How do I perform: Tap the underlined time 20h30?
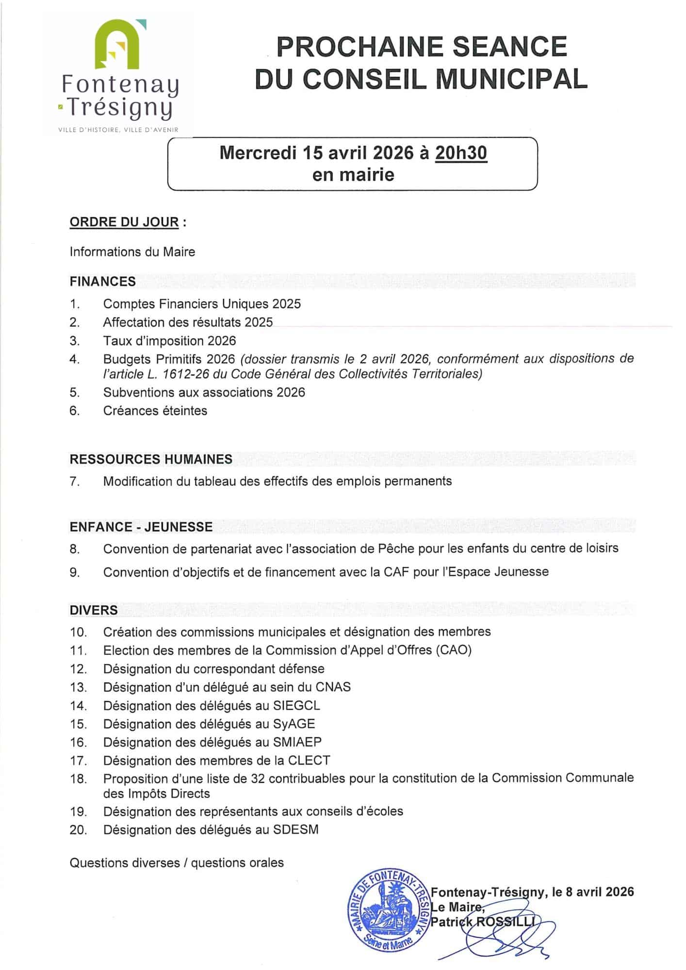point(460,153)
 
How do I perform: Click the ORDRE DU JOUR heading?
point(124,222)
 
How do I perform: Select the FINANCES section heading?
point(103,281)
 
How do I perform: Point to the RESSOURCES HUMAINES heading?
point(151,459)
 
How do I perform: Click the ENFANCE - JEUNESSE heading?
point(141,527)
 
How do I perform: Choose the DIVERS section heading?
point(94,610)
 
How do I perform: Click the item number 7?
point(74,482)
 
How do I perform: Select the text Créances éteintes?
point(155,411)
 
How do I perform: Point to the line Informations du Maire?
point(132,252)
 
